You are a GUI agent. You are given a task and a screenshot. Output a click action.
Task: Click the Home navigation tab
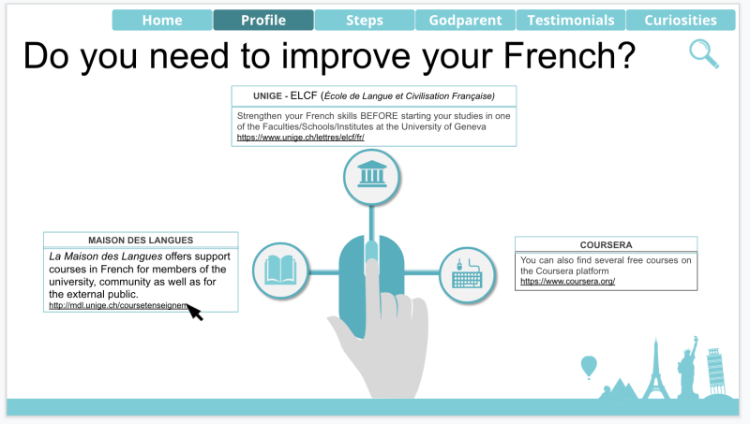coord(162,20)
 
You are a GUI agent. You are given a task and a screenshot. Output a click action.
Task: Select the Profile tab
coord(263,20)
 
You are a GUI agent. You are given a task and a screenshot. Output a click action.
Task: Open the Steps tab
coord(365,20)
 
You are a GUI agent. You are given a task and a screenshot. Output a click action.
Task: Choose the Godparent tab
coord(465,20)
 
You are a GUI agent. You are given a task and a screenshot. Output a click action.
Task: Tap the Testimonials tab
coord(571,20)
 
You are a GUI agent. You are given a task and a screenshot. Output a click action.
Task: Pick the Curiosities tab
coord(681,20)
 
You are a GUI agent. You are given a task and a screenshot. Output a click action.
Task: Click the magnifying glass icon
coord(704,54)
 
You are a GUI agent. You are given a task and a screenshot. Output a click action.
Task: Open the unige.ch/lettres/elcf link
coord(300,138)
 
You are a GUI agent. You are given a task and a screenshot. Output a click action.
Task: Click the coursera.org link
coord(568,281)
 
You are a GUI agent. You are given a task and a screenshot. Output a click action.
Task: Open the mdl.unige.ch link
coord(119,305)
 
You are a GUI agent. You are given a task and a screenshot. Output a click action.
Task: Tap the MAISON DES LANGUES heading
coord(141,241)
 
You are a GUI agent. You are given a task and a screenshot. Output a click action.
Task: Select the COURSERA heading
coord(606,245)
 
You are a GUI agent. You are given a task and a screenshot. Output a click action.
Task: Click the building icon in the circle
coord(371,174)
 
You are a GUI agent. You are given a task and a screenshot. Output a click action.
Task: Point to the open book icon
coord(280,270)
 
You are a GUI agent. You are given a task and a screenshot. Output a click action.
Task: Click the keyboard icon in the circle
coord(467,273)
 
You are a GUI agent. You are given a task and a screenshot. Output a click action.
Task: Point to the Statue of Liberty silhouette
coord(687,367)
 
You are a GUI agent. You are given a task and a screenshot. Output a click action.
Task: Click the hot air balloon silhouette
coord(589,367)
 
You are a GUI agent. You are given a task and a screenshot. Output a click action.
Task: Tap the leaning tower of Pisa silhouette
coord(716,371)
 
